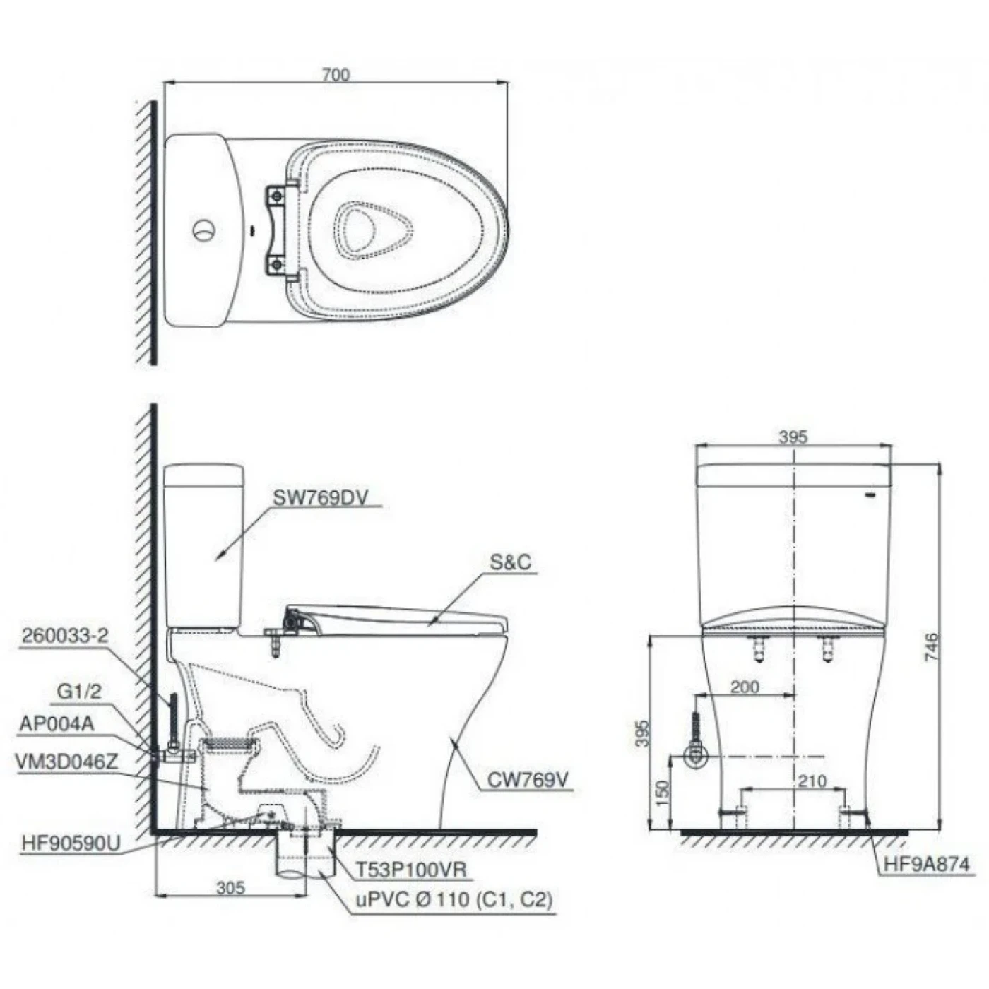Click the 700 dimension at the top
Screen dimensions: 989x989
[x=336, y=74]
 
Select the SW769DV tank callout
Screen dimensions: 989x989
[x=326, y=497]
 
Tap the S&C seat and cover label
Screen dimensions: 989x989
[x=510, y=563]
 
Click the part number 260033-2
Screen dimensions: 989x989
[x=64, y=636]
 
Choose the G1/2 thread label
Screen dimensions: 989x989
[x=79, y=692]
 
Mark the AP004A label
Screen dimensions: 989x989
[x=57, y=723]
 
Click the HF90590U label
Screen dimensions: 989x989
[x=71, y=843]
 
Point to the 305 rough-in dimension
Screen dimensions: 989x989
[x=230, y=887]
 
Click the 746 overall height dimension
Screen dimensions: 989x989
[x=932, y=647]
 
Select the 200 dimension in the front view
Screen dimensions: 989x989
[x=745, y=686]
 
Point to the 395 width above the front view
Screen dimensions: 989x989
[x=793, y=437]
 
